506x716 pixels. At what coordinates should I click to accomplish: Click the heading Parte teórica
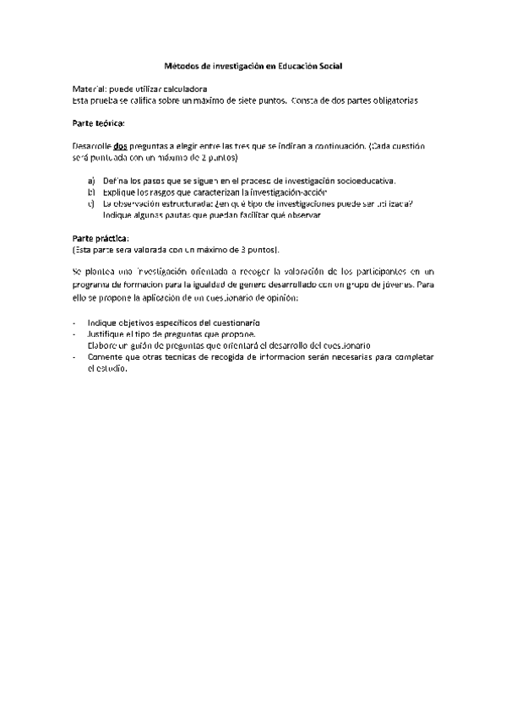(98, 123)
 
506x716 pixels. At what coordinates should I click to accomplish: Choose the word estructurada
(183, 203)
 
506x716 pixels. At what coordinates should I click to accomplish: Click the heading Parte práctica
(101, 238)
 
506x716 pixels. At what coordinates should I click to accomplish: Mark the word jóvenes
(397, 286)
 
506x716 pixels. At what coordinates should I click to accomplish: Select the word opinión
(280, 298)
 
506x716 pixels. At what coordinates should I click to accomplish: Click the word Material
(88, 89)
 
